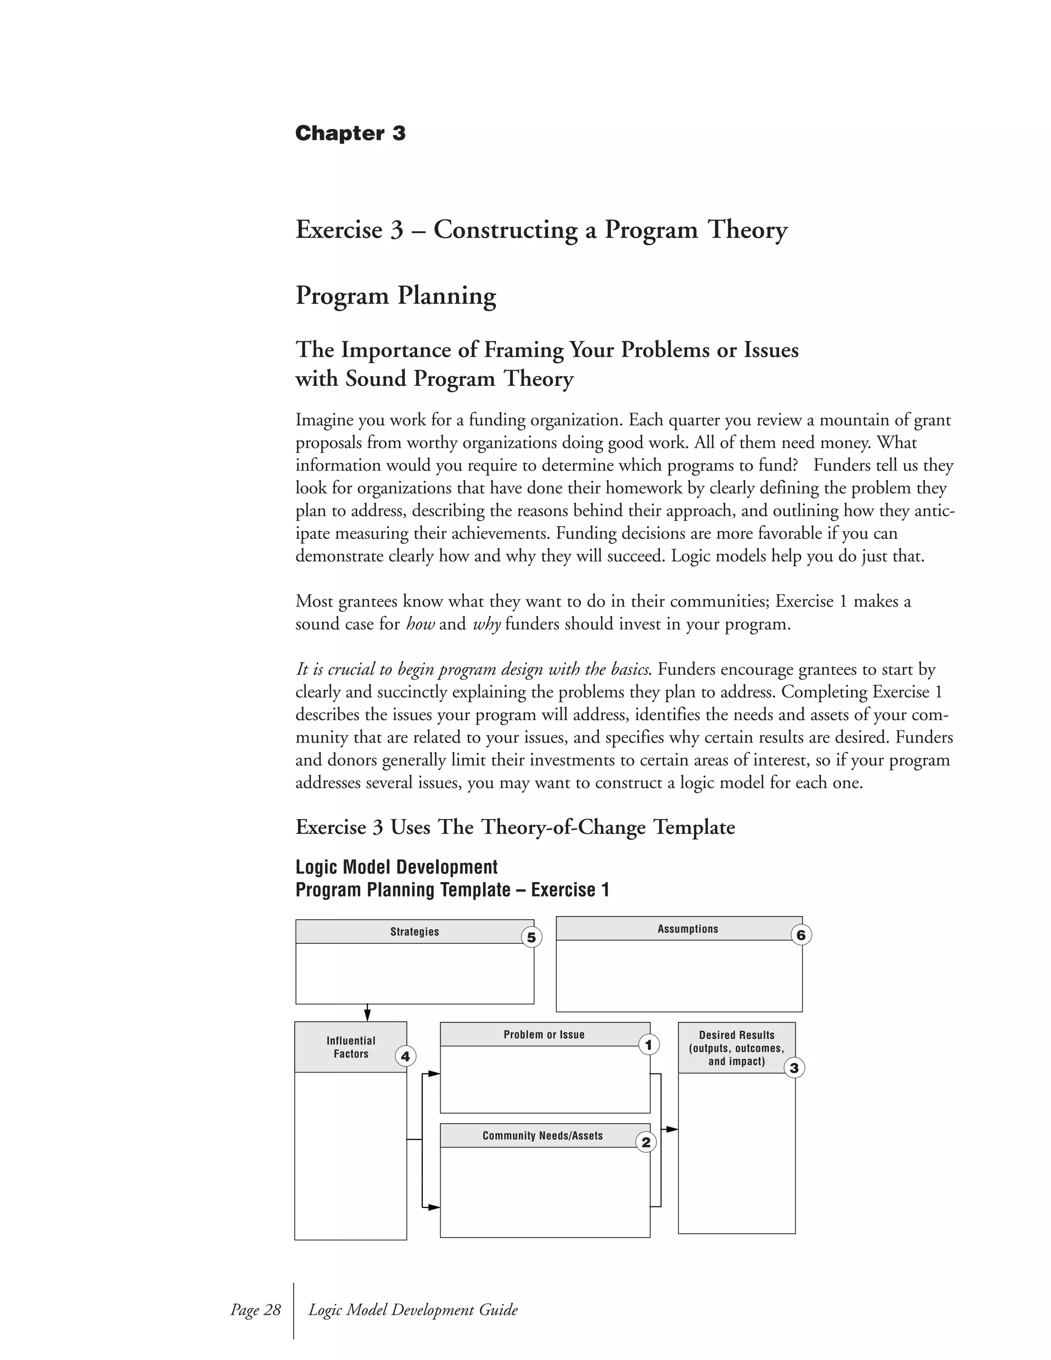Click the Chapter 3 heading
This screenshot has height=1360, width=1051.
pyautogui.click(x=350, y=133)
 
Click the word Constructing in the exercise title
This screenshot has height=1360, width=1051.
pyautogui.click(x=504, y=230)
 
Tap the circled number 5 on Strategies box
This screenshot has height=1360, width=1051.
pyautogui.click(x=531, y=937)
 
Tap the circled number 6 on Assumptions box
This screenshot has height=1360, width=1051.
pyautogui.click(x=801, y=935)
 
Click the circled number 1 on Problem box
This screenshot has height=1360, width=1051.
pyautogui.click(x=648, y=1044)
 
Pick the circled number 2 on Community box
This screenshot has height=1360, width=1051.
pyautogui.click(x=646, y=1142)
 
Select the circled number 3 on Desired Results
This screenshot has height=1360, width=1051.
pyautogui.click(x=794, y=1068)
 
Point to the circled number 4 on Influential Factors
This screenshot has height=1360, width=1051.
pyautogui.click(x=405, y=1056)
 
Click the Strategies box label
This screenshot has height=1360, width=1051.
pyautogui.click(x=415, y=931)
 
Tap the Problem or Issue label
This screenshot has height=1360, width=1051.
pyautogui.click(x=543, y=1034)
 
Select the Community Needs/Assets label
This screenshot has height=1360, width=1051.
pyautogui.click(x=542, y=1135)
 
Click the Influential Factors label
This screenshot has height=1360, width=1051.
pyautogui.click(x=351, y=1047)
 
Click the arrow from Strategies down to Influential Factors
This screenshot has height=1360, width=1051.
pyautogui.click(x=367, y=1013)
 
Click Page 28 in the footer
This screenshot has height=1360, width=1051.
pyautogui.click(x=255, y=1309)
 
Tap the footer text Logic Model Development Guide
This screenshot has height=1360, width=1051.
pyautogui.click(x=413, y=1309)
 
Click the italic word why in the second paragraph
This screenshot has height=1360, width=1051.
pyautogui.click(x=486, y=624)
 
